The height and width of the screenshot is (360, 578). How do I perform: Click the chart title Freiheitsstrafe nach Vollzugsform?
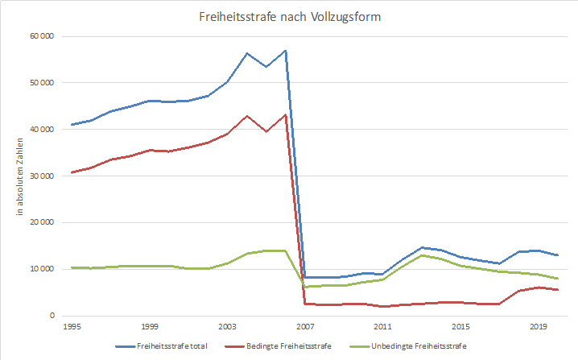tap(288, 15)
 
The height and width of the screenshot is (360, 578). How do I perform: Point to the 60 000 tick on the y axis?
tap(41, 36)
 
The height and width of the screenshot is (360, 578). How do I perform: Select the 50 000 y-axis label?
tap(41, 83)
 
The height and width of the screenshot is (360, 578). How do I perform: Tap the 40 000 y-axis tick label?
tap(41, 130)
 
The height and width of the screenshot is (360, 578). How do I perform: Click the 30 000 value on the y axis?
tap(41, 176)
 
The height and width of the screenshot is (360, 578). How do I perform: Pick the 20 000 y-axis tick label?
tap(41, 223)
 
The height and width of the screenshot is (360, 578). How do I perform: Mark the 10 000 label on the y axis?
tap(41, 269)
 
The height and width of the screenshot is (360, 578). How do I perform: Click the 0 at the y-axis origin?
tap(50, 316)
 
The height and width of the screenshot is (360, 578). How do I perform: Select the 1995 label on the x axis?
tap(71, 327)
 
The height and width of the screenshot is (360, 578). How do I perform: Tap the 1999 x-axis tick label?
tap(149, 327)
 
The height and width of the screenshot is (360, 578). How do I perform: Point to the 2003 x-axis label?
tap(227, 327)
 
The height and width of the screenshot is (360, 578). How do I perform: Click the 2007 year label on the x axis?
tap(305, 327)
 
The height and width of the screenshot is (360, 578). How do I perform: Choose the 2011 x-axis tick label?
tap(383, 327)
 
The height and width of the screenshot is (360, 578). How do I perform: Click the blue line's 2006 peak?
tap(286, 51)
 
